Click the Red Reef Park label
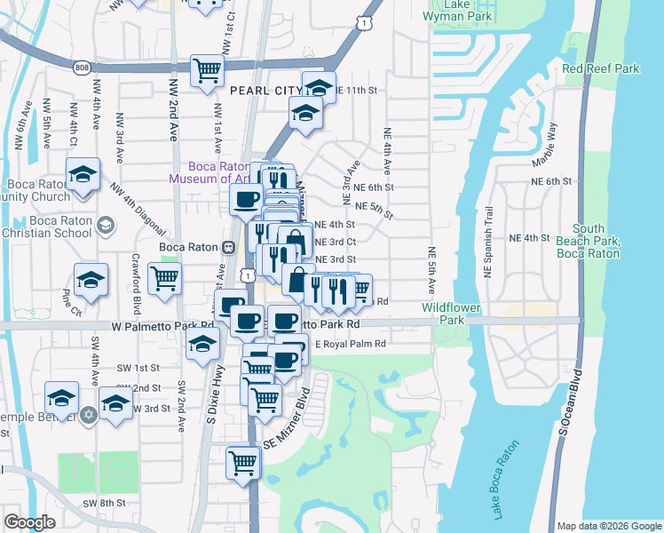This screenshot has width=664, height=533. pyautogui.click(x=601, y=68)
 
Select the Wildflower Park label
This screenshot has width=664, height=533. pyautogui.click(x=443, y=313)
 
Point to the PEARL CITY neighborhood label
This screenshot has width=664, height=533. pyautogui.click(x=265, y=91)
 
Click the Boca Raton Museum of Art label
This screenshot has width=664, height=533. pyautogui.click(x=218, y=171)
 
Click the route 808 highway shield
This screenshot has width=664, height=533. pyautogui.click(x=81, y=66)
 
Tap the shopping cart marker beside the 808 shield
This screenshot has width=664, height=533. pyautogui.click(x=207, y=70)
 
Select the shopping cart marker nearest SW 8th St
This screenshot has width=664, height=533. pyautogui.click(x=242, y=460)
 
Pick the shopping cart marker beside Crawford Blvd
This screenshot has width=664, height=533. pyautogui.click(x=164, y=278)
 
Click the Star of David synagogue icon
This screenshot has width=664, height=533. pyautogui.click(x=88, y=415)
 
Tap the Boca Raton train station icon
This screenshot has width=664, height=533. pyautogui.click(x=228, y=247)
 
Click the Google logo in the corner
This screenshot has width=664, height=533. pyautogui.click(x=29, y=521)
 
